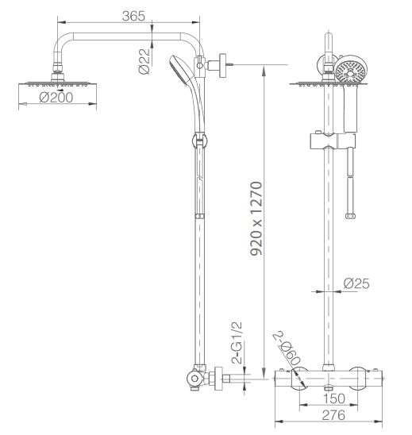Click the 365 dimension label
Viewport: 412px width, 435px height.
click(x=133, y=16)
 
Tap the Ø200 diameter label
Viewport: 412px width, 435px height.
click(x=56, y=97)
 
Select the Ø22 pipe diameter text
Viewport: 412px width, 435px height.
click(x=144, y=61)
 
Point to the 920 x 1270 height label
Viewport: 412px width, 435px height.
click(x=256, y=218)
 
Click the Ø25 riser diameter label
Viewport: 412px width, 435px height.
click(x=356, y=283)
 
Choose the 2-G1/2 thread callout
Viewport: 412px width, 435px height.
click(x=237, y=343)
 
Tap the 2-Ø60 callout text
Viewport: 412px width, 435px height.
click(x=287, y=348)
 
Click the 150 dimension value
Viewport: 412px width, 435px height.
click(x=334, y=398)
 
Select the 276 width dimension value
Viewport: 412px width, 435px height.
click(x=333, y=415)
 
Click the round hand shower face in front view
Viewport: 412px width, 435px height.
click(x=351, y=70)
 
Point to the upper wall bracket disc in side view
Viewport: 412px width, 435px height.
click(x=223, y=65)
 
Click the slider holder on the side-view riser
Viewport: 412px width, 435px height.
click(x=199, y=141)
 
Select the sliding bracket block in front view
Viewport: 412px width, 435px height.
click(x=333, y=141)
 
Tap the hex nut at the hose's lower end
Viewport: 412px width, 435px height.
click(x=351, y=216)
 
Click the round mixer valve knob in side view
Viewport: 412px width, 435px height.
click(x=194, y=379)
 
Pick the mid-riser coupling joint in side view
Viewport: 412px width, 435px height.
click(x=199, y=216)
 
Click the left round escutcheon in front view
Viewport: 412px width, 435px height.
click(x=299, y=379)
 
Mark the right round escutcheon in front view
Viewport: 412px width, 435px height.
click(x=357, y=379)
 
